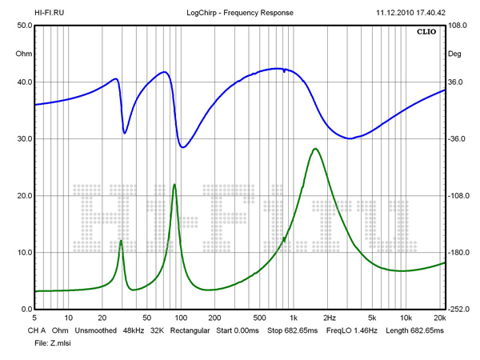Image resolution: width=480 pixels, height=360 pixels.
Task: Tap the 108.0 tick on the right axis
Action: tap(458, 26)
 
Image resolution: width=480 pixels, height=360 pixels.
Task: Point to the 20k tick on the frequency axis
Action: tap(439, 318)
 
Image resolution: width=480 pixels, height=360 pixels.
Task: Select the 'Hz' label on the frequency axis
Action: tap(330, 318)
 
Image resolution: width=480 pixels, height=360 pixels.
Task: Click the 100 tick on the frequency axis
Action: tap(181, 318)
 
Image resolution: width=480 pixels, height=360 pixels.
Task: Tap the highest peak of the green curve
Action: tap(316, 149)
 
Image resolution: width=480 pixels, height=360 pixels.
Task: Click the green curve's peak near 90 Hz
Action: tap(174, 185)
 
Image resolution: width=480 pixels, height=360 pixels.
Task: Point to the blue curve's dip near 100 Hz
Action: tap(183, 147)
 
